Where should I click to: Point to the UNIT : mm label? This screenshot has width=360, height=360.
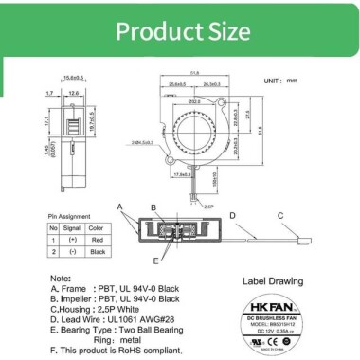click(x=296, y=82)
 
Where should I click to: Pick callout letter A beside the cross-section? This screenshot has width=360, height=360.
click(x=119, y=206)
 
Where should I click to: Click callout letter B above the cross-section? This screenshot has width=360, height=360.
click(x=153, y=207)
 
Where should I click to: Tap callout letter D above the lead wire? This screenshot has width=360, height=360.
click(x=233, y=215)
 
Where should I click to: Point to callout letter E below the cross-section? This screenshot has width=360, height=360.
click(x=156, y=259)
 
